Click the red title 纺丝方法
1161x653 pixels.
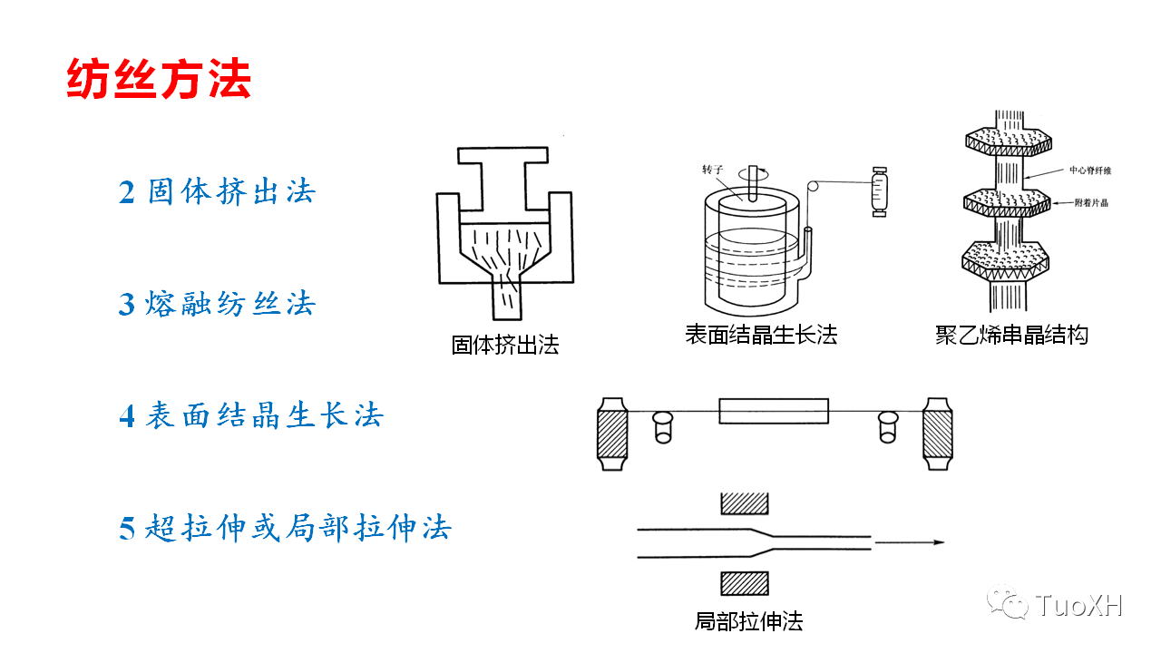pyautogui.click(x=159, y=81)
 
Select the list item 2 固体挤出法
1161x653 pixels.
pyautogui.click(x=217, y=192)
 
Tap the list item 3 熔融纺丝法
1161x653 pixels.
pyautogui.click(x=217, y=304)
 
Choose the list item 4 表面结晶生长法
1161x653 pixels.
pyautogui.click(x=251, y=416)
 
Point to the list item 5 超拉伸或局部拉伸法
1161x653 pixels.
pyautogui.click(x=285, y=528)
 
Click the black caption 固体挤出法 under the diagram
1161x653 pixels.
pyautogui.click(x=505, y=345)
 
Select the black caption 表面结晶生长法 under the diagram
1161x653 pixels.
pyautogui.click(x=760, y=335)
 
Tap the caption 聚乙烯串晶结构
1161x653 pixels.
pyautogui.click(x=1011, y=335)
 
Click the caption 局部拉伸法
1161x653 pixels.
pyautogui.click(x=748, y=621)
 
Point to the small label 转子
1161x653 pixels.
pyautogui.click(x=714, y=170)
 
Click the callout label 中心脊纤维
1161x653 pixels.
pyautogui.click(x=1090, y=170)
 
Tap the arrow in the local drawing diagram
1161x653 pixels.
pyautogui.click(x=911, y=542)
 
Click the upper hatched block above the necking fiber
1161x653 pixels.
pyautogui.click(x=745, y=503)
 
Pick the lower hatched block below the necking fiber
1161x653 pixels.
pyautogui.click(x=745, y=583)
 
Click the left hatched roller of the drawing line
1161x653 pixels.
pyautogui.click(x=613, y=433)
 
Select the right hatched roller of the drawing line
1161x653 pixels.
pyautogui.click(x=938, y=433)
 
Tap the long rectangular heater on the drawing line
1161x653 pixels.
pyautogui.click(x=774, y=412)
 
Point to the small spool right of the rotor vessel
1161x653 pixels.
pyautogui.click(x=878, y=191)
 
